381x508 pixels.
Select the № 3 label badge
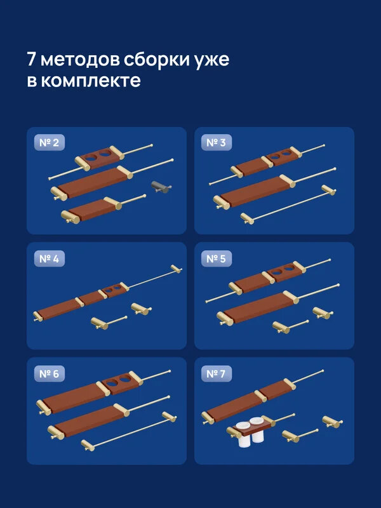(x=217, y=143)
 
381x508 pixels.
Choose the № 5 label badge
(x=217, y=258)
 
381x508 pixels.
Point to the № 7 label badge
(x=217, y=374)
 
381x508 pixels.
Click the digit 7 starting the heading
(x=32, y=60)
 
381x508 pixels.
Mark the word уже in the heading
(x=212, y=60)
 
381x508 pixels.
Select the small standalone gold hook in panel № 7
(x=331, y=422)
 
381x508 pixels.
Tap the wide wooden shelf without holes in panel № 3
(x=254, y=191)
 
